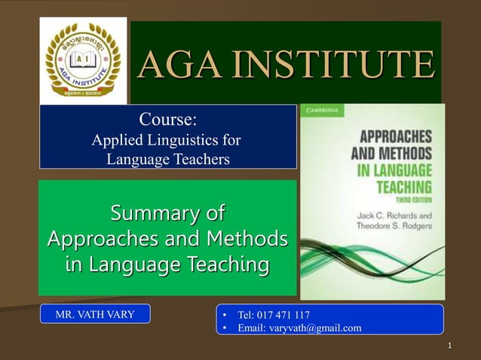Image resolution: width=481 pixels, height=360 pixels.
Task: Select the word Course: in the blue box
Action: click(x=168, y=118)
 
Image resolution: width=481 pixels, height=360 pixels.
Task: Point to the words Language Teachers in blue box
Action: click(x=168, y=159)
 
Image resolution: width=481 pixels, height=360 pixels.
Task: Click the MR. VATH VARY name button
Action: click(x=95, y=314)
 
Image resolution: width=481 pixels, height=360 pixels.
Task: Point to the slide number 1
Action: click(x=449, y=346)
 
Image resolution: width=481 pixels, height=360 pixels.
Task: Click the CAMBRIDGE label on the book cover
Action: click(x=323, y=110)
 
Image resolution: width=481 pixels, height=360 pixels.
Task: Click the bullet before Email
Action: click(x=223, y=328)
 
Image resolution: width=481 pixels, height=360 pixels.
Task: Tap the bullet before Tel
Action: click(x=223, y=314)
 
